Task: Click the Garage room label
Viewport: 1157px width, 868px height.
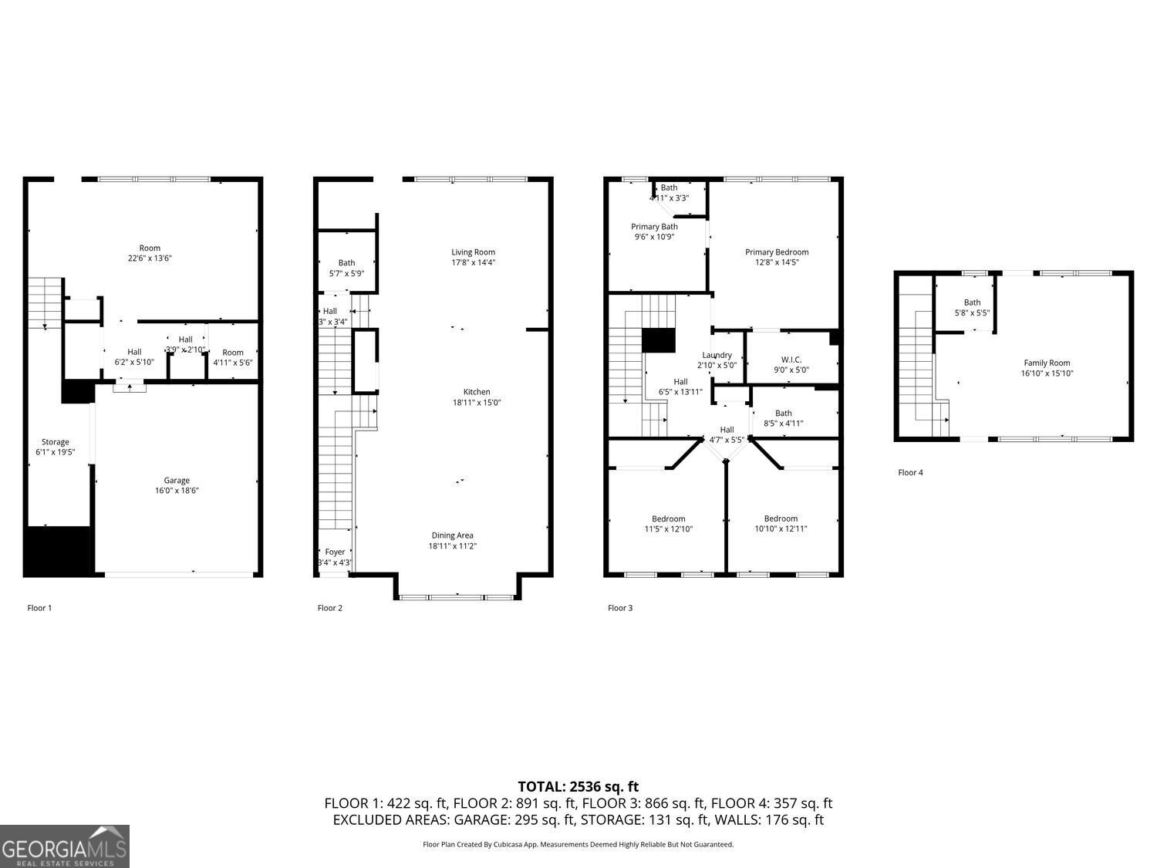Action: coord(177,481)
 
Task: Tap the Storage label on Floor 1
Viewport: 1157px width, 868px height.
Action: coord(55,442)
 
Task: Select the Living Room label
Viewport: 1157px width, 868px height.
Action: coord(473,252)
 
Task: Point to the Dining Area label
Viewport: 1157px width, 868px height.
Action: coord(452,535)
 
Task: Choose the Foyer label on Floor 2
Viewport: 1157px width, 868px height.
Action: coord(335,552)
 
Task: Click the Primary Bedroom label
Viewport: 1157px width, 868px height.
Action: coord(777,252)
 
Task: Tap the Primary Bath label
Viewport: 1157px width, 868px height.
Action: coord(654,227)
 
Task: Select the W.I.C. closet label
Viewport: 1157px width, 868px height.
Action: coord(791,360)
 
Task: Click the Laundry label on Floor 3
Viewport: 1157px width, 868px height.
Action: coord(717,355)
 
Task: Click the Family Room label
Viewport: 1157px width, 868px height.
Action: coord(1047,363)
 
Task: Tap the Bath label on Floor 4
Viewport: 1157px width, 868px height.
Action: coord(972,302)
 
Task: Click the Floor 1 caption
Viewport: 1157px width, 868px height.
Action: coord(39,608)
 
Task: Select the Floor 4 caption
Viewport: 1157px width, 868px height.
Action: coord(910,473)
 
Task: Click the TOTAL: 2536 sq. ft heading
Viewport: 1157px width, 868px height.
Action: coord(578,787)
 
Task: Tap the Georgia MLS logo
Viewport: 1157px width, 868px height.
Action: coord(65,846)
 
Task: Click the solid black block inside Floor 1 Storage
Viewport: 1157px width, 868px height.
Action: coord(58,551)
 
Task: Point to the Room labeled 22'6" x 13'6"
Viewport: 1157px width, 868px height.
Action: coord(150,248)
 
